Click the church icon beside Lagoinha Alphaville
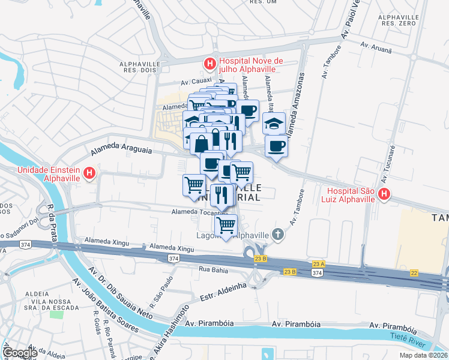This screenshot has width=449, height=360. pyautogui.click(x=277, y=234)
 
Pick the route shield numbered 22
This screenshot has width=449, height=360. pyautogui.click(x=414, y=273)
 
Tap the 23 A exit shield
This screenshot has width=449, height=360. pyautogui.click(x=318, y=263)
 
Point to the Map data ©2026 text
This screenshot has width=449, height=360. pyautogui.click(x=423, y=355)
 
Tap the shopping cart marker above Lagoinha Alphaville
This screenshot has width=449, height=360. pyautogui.click(x=226, y=226)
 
